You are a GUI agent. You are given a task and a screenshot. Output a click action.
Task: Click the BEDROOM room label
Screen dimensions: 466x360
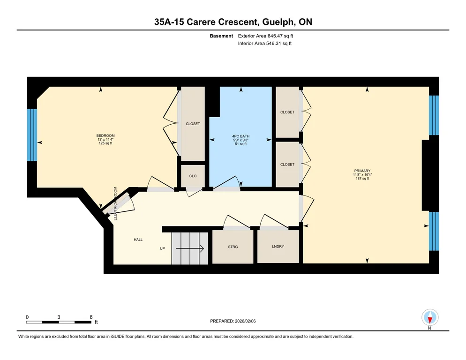pyautogui.click(x=105, y=135)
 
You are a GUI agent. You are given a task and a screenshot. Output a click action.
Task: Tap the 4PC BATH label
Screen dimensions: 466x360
pyautogui.click(x=241, y=136)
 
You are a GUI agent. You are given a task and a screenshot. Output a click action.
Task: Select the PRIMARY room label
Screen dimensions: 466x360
pyautogui.click(x=362, y=171)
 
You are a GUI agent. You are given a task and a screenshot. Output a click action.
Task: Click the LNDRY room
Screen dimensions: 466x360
pyautogui.click(x=278, y=247)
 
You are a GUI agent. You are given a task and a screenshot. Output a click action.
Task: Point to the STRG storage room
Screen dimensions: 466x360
pyautogui.click(x=233, y=247)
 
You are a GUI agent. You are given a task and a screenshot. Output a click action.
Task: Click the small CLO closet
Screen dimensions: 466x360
pyautogui.click(x=193, y=176)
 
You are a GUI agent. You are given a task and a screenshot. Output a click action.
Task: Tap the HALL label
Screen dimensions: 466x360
pyautogui.click(x=138, y=240)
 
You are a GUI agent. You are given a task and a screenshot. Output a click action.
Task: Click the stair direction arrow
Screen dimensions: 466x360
pyautogui.click(x=190, y=248)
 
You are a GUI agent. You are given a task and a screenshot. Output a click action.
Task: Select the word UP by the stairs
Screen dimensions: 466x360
pyautogui.click(x=162, y=248)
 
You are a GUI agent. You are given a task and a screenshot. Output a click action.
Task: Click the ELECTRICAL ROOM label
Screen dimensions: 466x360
pyautogui.click(x=116, y=203)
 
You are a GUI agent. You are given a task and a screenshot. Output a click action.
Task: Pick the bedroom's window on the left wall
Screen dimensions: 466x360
pyautogui.click(x=32, y=135)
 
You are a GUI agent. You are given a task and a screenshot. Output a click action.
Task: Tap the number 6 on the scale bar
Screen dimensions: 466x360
pyautogui.click(x=91, y=317)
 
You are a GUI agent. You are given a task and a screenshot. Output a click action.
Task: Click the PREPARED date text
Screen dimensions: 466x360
pyautogui.click(x=233, y=321)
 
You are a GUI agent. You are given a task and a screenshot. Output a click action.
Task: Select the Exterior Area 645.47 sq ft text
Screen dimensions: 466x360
pyautogui.click(x=265, y=36)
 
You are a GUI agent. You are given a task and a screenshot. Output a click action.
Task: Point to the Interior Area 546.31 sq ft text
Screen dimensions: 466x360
pyautogui.click(x=265, y=44)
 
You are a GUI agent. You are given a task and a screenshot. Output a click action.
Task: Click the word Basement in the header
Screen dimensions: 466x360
pyautogui.click(x=221, y=36)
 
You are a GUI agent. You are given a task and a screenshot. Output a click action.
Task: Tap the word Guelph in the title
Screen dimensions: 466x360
pyautogui.click(x=279, y=22)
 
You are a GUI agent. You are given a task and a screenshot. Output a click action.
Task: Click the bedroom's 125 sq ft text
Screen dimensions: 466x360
pyautogui.click(x=105, y=143)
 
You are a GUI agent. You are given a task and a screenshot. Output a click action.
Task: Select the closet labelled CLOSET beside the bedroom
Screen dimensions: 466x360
pyautogui.click(x=193, y=124)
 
